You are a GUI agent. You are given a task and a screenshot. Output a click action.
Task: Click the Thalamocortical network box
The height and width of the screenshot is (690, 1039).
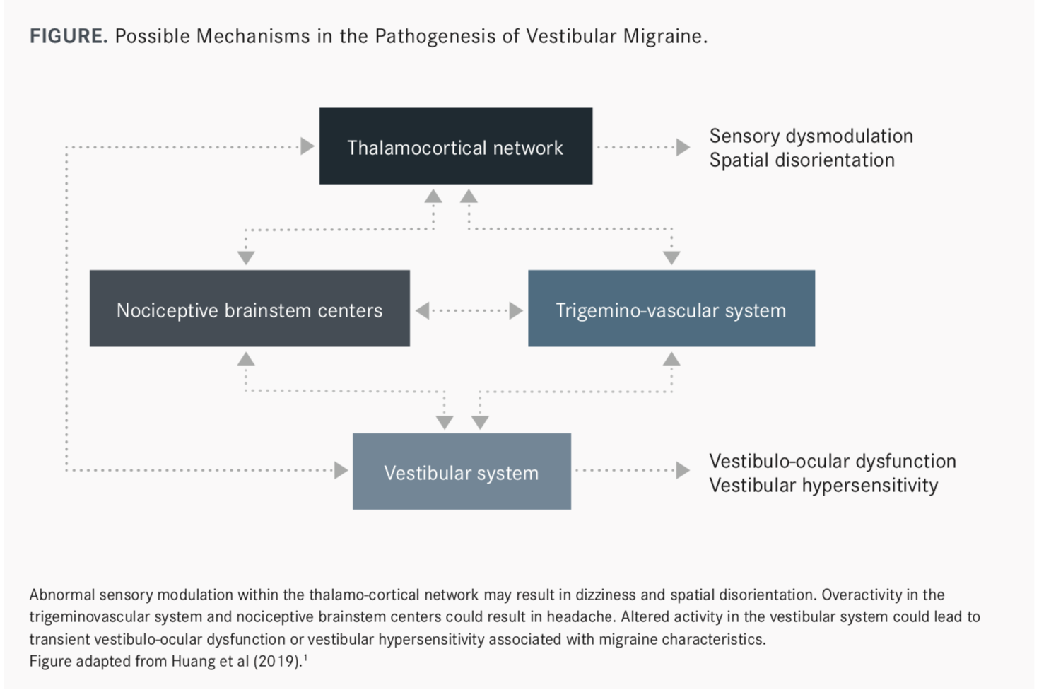pos(455,146)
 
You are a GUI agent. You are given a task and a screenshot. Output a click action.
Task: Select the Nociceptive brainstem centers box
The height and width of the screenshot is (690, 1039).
pos(250,308)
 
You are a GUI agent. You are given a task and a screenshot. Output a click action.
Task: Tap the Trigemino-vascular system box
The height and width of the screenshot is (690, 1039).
pos(671,308)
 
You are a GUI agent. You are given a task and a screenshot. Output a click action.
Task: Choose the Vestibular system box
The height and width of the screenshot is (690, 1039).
pos(462,472)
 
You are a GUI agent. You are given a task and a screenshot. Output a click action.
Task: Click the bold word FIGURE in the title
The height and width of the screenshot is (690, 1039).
pos(69,36)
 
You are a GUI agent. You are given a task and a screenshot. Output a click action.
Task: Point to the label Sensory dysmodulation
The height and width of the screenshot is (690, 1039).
pos(811,136)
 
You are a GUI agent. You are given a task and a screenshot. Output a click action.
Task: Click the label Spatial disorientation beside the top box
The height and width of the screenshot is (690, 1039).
pos(802,160)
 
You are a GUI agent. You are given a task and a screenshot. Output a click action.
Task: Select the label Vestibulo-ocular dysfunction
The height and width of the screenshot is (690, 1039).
pos(833,461)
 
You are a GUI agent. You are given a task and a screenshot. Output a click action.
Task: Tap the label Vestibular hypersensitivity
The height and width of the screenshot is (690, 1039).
pos(823,486)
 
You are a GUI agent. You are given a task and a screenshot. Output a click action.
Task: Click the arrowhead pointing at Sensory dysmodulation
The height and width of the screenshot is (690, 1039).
pos(683,147)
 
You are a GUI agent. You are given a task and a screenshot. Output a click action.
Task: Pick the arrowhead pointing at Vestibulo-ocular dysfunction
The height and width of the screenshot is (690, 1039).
pos(683,471)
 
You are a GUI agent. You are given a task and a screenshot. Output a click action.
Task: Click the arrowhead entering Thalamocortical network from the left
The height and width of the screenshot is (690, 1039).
pos(307,146)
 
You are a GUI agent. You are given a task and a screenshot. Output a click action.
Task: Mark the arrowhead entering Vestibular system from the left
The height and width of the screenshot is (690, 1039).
pos(341,471)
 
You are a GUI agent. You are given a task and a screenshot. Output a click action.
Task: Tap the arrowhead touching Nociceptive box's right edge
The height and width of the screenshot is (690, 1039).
pos(423,310)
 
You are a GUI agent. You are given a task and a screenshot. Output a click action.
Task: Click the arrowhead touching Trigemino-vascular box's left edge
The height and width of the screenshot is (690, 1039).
pos(516,310)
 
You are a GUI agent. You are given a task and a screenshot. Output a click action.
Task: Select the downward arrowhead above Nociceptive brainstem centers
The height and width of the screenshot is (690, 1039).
pos(246,258)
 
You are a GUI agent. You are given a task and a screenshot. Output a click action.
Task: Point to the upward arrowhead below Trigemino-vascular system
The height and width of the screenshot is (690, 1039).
pos(671,358)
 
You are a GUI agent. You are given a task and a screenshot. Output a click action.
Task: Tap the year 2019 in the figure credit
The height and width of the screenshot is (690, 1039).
pos(277,661)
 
